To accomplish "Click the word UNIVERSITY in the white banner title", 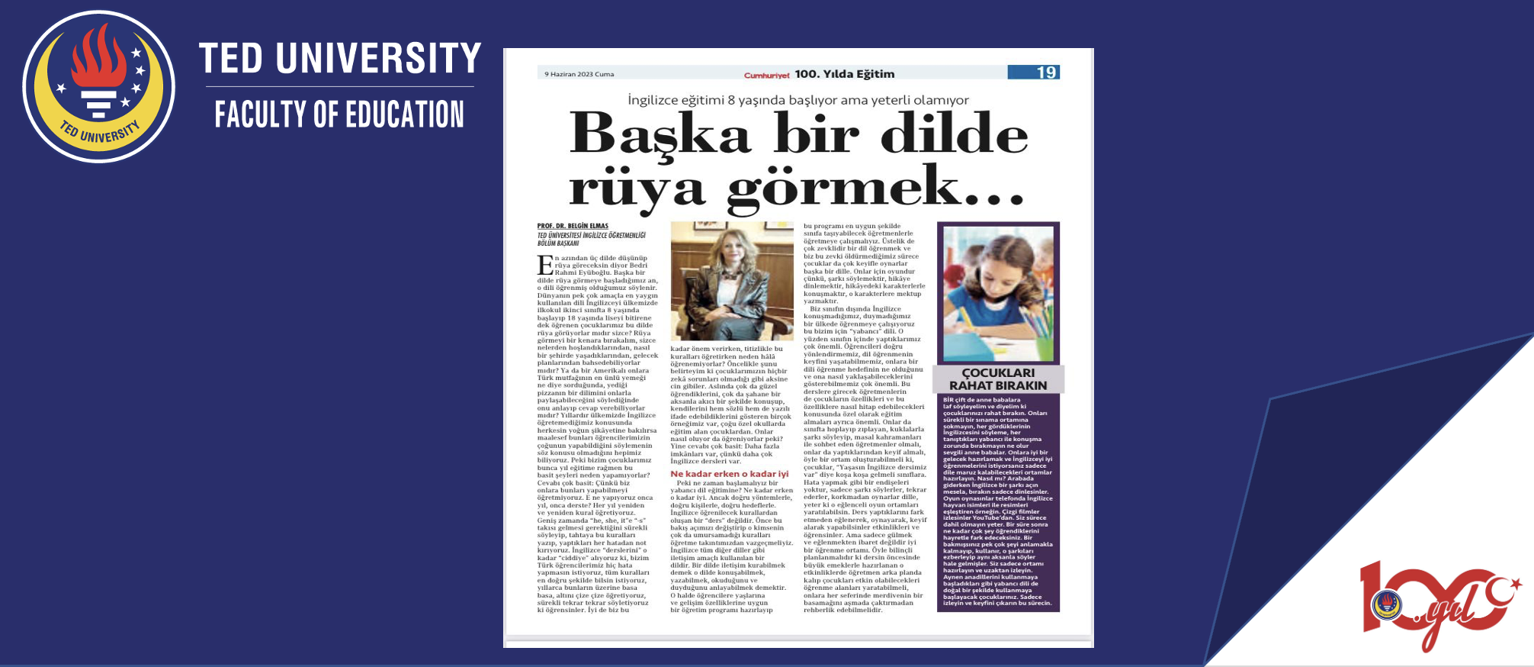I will pos(378,59).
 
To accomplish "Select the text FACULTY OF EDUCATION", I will pos(339,114).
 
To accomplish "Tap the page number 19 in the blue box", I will pos(1045,72).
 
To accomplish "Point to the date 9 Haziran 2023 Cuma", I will pos(579,74).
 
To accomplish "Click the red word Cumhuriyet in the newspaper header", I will pos(766,75).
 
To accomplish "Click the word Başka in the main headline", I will pos(660,134).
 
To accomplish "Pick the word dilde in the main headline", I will pos(954,134).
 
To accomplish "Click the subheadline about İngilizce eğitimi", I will pos(797,100).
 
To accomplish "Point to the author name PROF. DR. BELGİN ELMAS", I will pos(573,226).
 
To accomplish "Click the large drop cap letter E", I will pos(545,265).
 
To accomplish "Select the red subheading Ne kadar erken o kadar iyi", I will pos(729,474).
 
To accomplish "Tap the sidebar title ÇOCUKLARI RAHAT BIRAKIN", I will pos(997,379).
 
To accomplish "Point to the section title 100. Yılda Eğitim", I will pos(844,74).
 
